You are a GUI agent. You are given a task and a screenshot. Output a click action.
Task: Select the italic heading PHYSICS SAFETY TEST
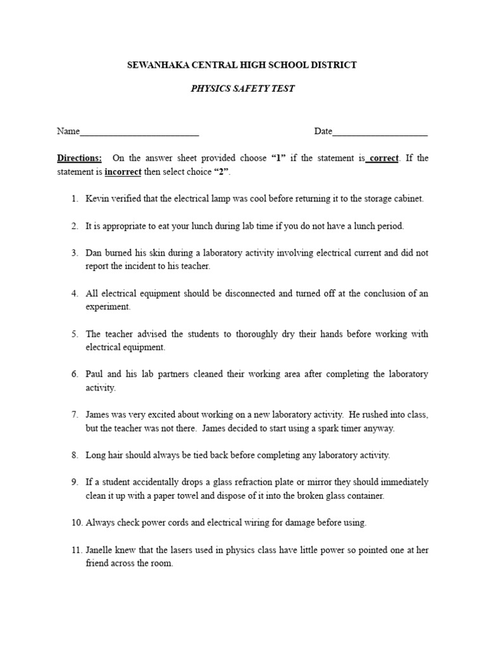[x=242, y=89]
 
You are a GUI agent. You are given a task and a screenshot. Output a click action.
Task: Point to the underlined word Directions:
[x=79, y=158]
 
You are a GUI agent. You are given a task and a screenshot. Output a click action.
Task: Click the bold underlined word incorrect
[x=123, y=171]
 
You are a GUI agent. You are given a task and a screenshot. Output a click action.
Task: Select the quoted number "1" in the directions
[x=277, y=158]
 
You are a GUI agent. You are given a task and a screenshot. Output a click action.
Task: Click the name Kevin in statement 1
[x=97, y=199]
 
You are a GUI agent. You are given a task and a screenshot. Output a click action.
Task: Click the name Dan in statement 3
[x=94, y=253]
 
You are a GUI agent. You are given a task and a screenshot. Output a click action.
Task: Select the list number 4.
[x=75, y=294]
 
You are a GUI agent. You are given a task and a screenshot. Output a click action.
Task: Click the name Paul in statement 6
[x=95, y=375]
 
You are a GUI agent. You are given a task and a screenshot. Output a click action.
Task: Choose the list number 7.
[x=75, y=415]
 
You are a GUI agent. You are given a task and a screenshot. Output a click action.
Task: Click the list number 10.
[x=77, y=523]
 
